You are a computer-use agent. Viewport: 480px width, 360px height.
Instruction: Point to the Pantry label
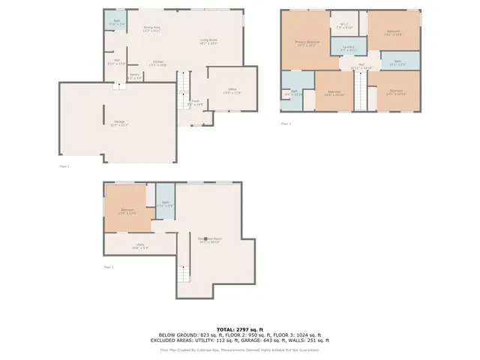[134, 75]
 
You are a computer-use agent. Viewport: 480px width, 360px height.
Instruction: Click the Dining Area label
[152, 28]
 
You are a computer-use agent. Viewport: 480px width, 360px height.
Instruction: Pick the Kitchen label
[158, 63]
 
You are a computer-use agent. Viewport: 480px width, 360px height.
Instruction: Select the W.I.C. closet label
[344, 25]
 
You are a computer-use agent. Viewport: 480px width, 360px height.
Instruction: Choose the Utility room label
[140, 245]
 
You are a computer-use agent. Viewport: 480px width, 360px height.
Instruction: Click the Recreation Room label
[210, 240]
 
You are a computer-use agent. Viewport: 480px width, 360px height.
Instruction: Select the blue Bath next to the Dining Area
[117, 22]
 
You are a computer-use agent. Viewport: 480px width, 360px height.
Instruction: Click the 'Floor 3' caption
[286, 123]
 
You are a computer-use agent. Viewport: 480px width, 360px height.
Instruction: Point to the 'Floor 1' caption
[109, 267]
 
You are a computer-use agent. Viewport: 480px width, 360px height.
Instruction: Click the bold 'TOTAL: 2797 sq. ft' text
[240, 329]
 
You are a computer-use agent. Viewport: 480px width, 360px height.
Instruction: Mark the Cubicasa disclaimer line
[240, 349]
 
